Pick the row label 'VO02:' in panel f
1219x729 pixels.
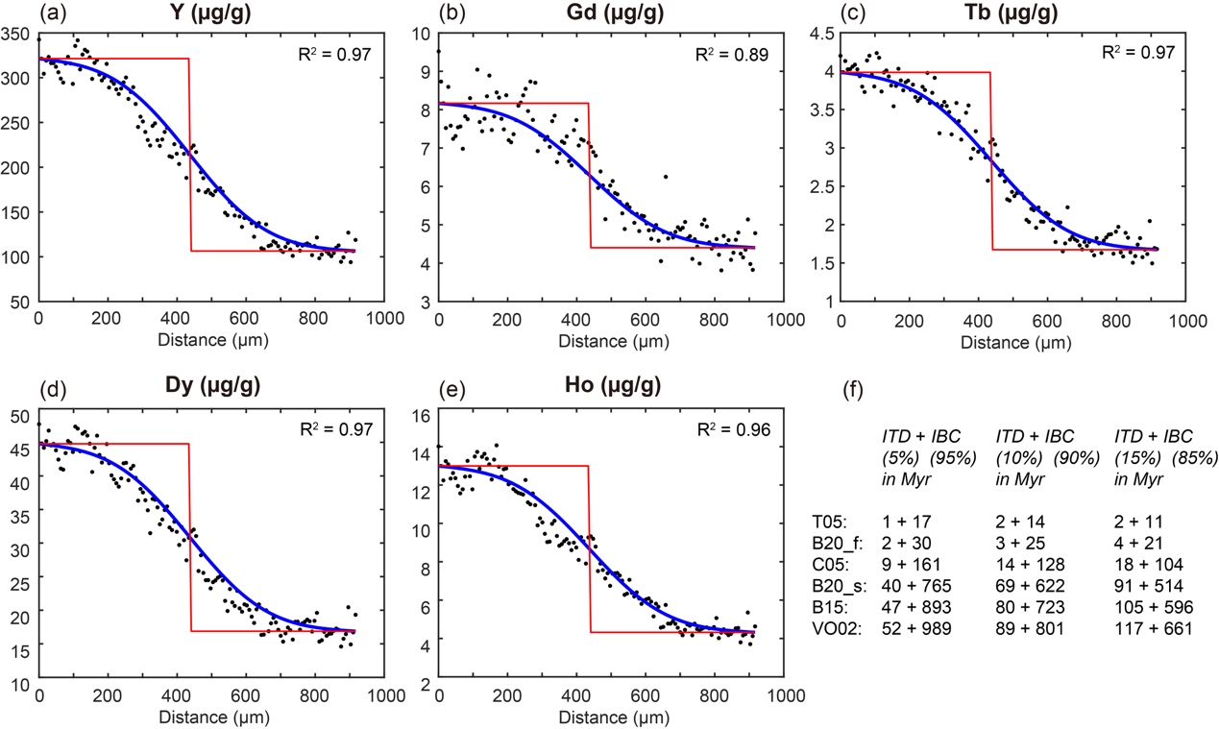(x=835, y=629)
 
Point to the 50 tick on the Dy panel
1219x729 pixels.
(x=20, y=416)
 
